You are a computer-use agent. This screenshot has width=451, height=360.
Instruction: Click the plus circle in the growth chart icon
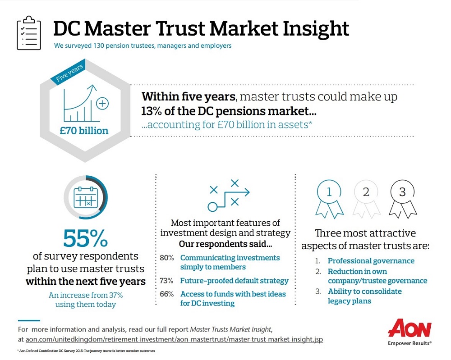103,104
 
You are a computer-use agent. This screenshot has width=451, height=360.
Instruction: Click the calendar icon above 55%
85,197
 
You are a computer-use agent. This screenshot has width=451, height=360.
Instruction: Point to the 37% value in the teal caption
115,295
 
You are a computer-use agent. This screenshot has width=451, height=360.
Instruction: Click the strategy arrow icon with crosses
227,195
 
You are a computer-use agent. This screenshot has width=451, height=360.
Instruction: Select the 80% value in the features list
167,258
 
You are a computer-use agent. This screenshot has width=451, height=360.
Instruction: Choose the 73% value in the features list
167,281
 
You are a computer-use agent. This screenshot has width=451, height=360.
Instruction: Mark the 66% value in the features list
167,294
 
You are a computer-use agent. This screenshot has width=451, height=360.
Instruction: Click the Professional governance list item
371,261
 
